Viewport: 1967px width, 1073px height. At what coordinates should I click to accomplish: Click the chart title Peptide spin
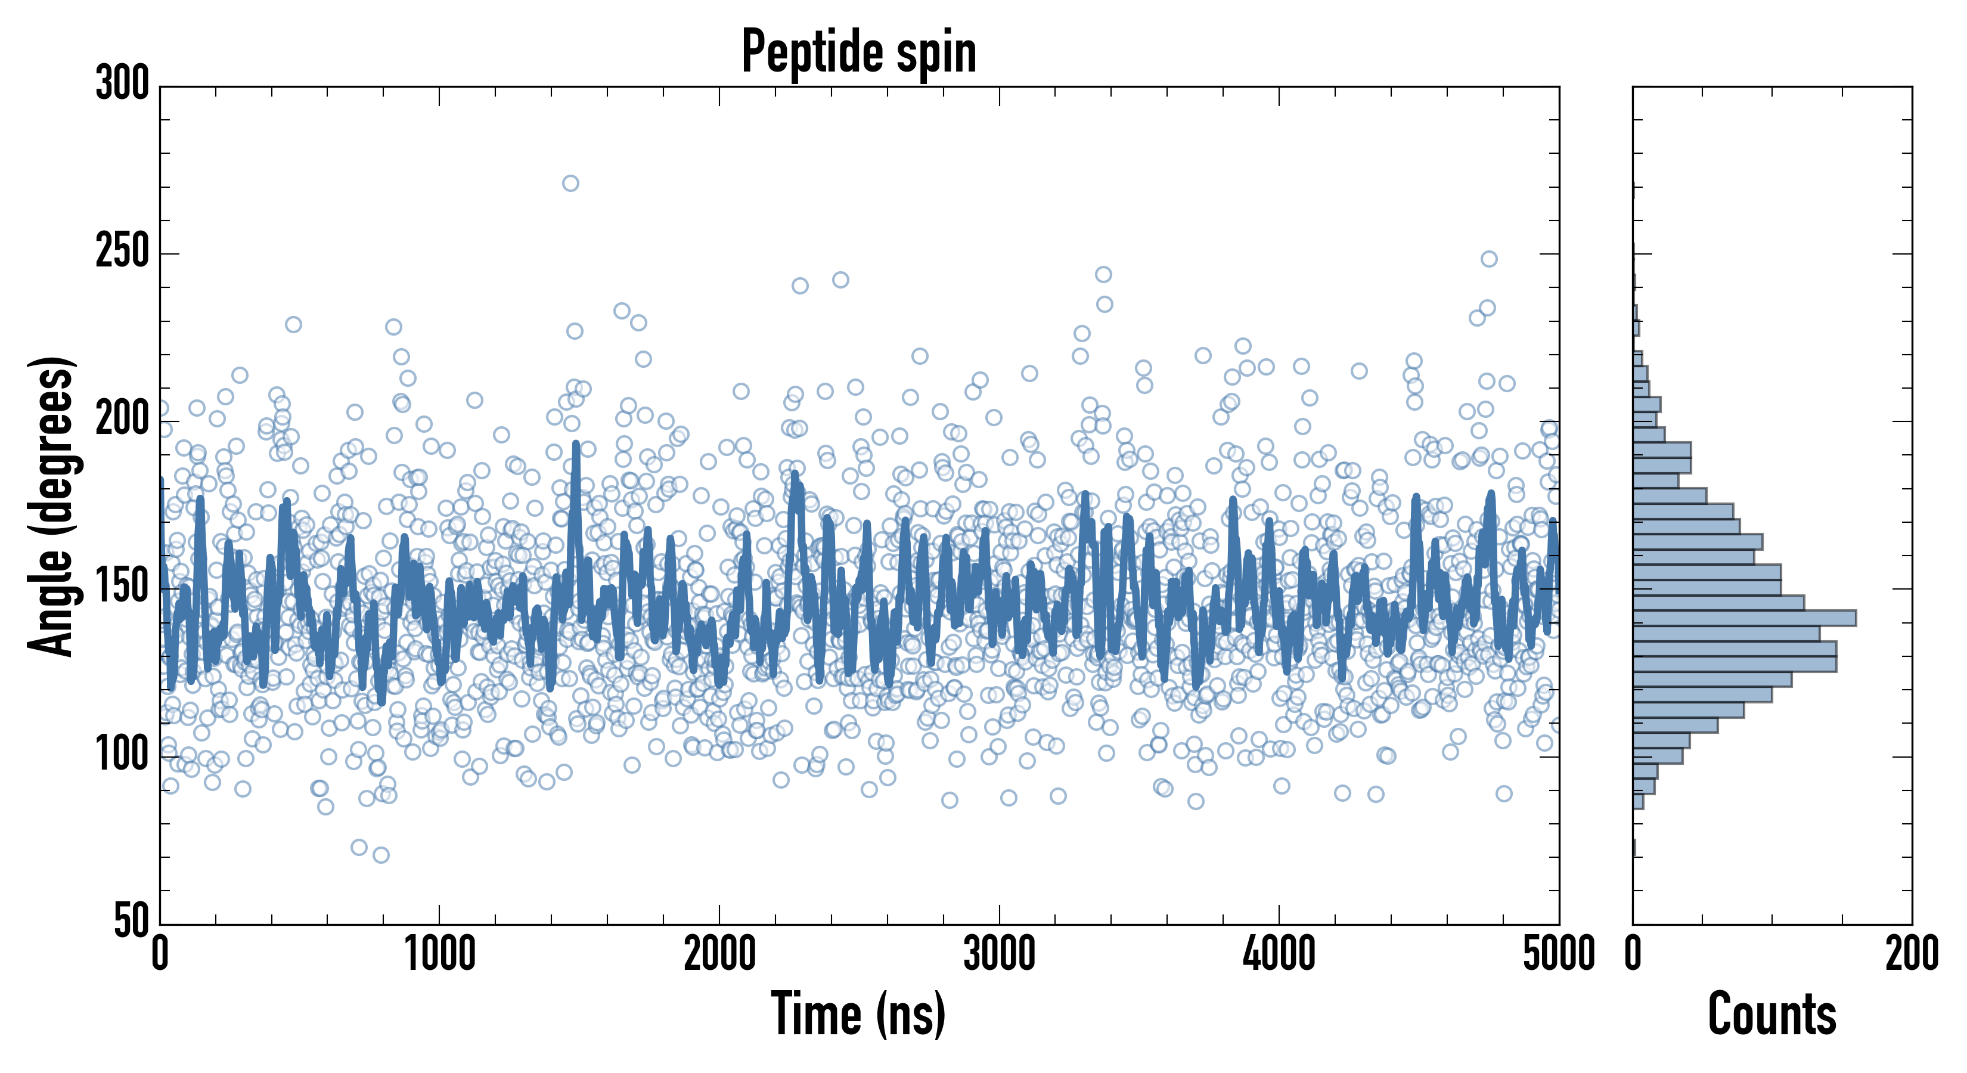click(859, 52)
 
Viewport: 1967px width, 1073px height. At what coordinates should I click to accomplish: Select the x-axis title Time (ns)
click(859, 1013)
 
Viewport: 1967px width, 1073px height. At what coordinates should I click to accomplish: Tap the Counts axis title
click(1772, 1013)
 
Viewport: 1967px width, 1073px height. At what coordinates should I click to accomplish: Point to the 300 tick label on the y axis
click(122, 84)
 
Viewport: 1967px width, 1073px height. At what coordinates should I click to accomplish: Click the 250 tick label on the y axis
click(122, 252)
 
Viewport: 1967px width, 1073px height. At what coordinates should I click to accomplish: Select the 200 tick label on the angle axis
click(122, 420)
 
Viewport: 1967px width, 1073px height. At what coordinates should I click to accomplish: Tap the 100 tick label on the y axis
click(122, 755)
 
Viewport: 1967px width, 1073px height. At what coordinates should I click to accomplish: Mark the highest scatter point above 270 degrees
click(570, 183)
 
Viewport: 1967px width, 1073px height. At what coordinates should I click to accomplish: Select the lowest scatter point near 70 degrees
click(381, 855)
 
